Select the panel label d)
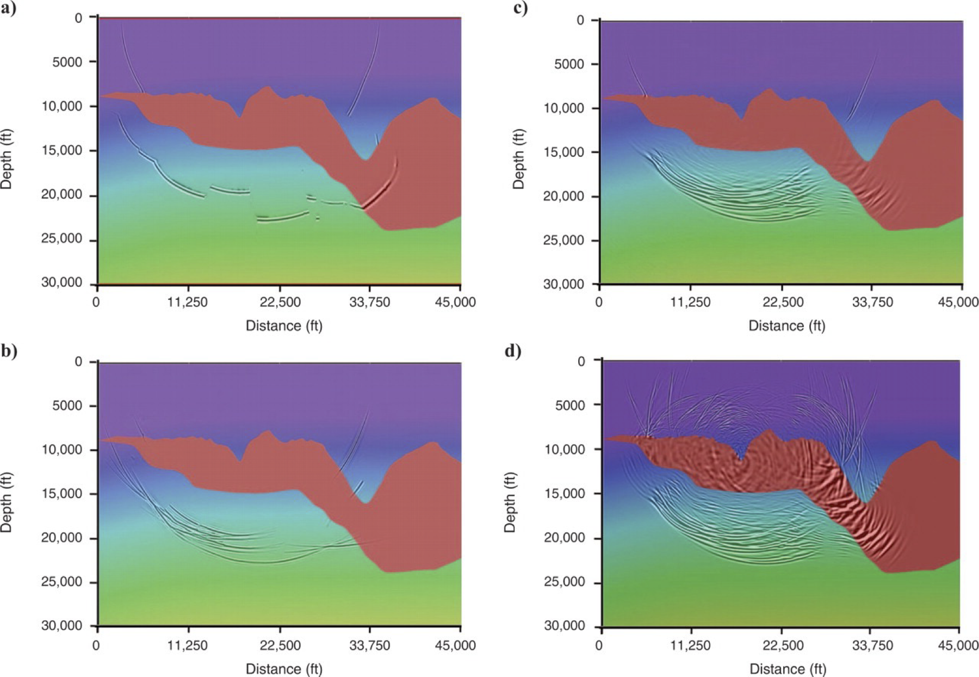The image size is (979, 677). [x=512, y=351]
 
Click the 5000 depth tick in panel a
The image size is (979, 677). [x=67, y=62]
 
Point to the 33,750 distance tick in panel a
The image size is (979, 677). [x=370, y=302]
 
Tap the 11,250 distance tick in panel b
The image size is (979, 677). [x=188, y=646]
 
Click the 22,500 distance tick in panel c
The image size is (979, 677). [x=783, y=302]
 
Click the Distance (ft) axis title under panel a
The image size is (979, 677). [x=284, y=326]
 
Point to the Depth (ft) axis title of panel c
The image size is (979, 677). [x=519, y=159]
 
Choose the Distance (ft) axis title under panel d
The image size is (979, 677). [x=788, y=669]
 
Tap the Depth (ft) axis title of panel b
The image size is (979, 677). [x=7, y=502]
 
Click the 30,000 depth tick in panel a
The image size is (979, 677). [x=62, y=284]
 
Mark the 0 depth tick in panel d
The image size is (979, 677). [x=581, y=361]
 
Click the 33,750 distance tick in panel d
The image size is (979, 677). [x=872, y=646]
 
